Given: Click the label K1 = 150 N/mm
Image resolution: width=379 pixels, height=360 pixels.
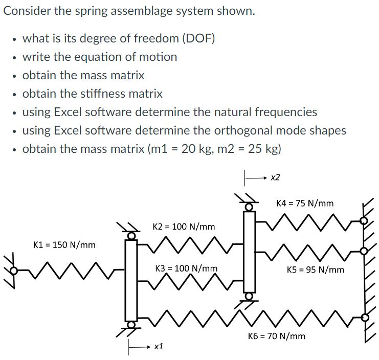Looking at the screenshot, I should coord(64,244).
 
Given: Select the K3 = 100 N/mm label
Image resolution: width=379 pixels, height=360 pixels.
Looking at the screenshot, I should coord(186,268).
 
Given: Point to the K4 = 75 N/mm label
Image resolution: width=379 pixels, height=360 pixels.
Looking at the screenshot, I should coord(304,203).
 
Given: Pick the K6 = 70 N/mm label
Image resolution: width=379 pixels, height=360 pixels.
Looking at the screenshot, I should coord(276,336).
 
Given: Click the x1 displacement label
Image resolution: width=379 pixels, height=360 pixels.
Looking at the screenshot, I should coord(159,347).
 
